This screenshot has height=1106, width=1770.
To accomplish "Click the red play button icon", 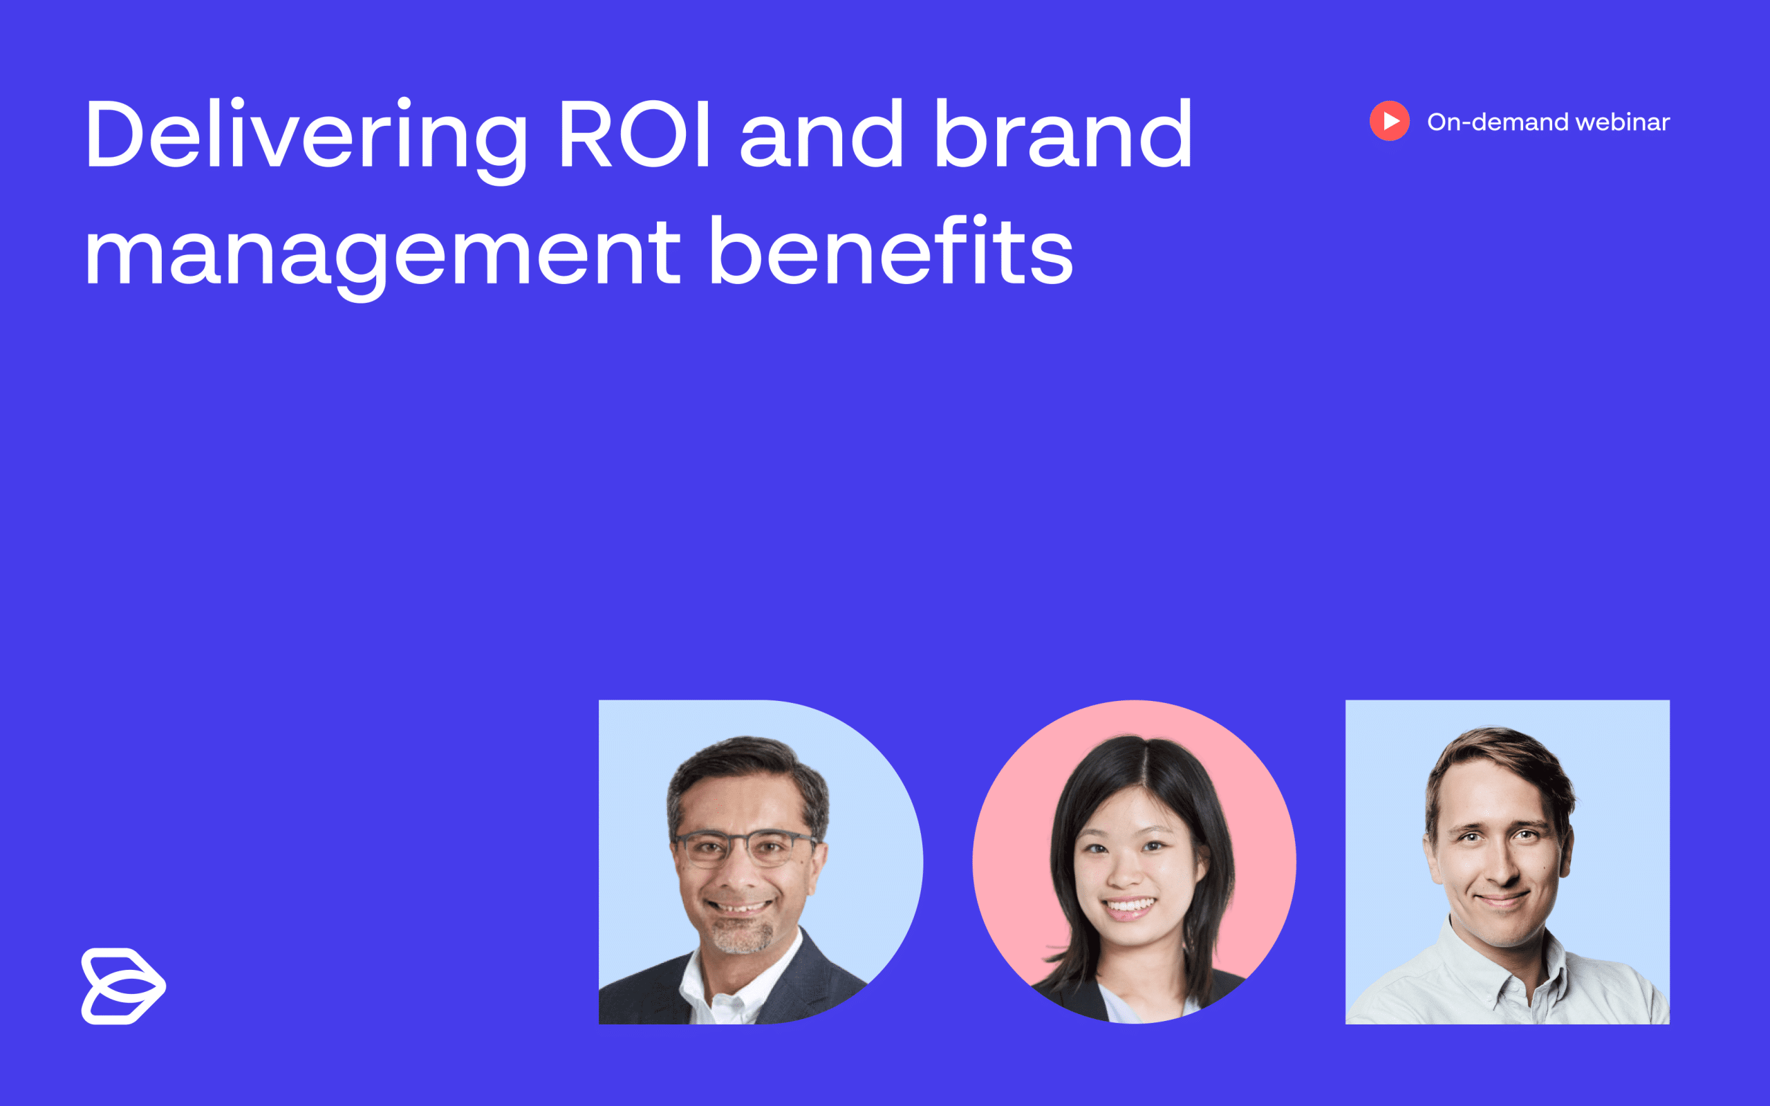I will click(x=1390, y=121).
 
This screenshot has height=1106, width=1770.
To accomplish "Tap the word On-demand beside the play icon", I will click(x=1497, y=122).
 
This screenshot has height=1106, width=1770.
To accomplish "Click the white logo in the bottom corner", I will click(x=123, y=985).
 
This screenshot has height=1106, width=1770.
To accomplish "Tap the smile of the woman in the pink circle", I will click(x=1130, y=908).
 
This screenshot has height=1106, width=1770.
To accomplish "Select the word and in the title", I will click(x=821, y=135).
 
